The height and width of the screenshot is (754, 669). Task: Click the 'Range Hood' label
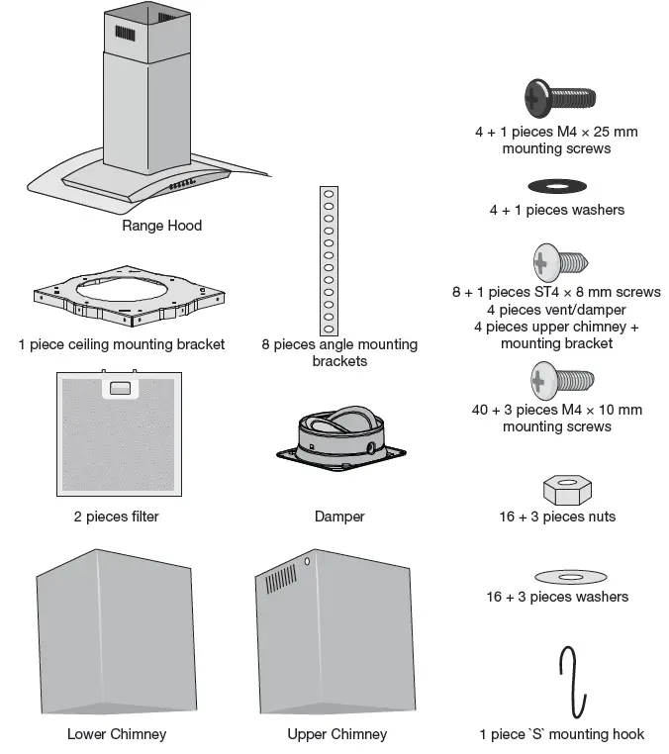coord(161,226)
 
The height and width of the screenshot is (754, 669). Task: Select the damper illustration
coord(339,437)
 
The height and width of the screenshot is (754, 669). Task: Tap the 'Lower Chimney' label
coord(117,734)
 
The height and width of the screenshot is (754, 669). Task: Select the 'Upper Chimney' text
coord(336,734)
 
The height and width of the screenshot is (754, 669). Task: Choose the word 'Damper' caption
coord(338,517)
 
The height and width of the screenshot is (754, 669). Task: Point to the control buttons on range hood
coord(184,185)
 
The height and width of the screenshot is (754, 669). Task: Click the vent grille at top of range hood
coord(124,34)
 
